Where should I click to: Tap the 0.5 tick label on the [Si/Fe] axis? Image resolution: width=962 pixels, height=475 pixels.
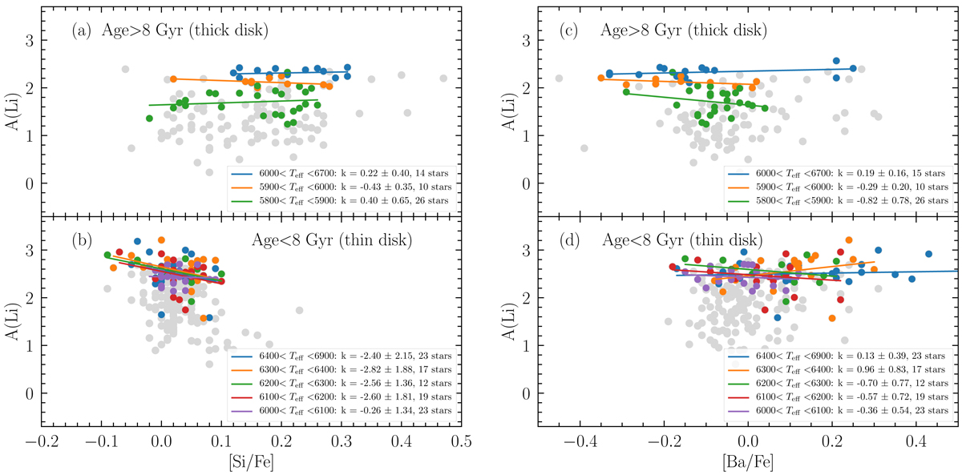point(459,441)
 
